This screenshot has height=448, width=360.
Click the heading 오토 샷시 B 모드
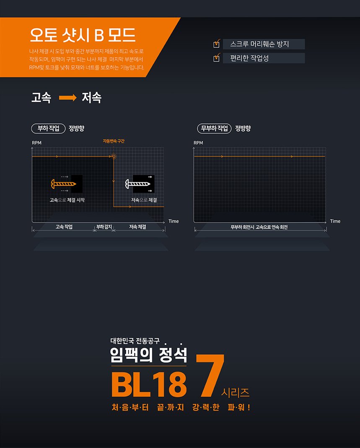(x=83, y=36)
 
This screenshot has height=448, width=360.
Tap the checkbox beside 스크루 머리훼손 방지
(x=217, y=44)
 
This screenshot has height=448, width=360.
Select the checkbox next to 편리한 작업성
(x=217, y=58)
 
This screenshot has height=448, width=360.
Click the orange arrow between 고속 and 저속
(x=67, y=98)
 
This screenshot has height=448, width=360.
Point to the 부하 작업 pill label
(x=48, y=128)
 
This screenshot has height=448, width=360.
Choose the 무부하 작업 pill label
(x=214, y=128)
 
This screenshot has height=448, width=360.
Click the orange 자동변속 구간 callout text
(x=114, y=141)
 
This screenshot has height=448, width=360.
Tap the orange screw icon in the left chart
(x=63, y=183)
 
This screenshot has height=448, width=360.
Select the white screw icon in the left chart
(x=137, y=183)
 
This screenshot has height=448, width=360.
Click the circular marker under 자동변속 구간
(x=114, y=156)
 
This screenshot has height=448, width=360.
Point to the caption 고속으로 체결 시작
(x=67, y=200)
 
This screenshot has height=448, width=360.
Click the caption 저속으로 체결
(x=144, y=200)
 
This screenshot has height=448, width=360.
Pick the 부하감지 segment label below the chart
(x=104, y=227)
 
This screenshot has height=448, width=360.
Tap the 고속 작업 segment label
(x=64, y=227)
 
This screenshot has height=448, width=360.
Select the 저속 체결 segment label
(x=137, y=227)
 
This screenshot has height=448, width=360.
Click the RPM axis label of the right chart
(x=198, y=143)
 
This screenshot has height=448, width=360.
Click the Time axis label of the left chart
(x=174, y=221)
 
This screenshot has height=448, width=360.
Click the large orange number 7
(x=210, y=375)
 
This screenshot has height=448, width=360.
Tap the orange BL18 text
(x=149, y=384)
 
